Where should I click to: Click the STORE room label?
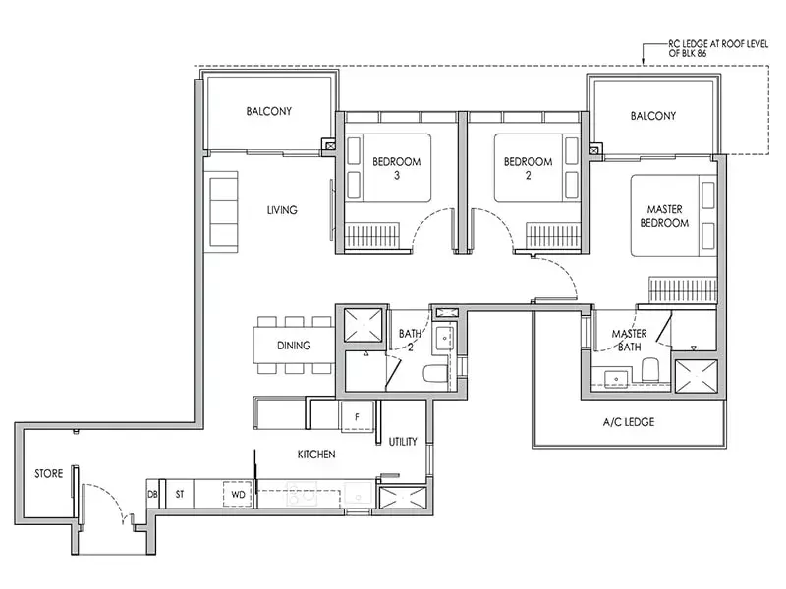click(x=48, y=473)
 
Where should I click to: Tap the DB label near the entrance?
click(x=152, y=494)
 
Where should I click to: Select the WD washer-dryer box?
click(x=238, y=495)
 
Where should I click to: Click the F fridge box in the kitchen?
click(x=357, y=416)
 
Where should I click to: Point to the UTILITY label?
click(x=403, y=441)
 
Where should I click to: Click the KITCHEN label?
click(x=316, y=455)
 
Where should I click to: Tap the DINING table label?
click(x=294, y=346)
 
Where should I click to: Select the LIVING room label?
click(x=282, y=210)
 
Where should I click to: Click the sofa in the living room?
click(x=224, y=209)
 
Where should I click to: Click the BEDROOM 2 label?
click(x=528, y=168)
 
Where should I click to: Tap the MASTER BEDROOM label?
click(x=664, y=216)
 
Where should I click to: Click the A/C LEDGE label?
click(x=629, y=422)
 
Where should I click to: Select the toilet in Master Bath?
click(x=650, y=369)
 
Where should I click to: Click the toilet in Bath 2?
click(x=434, y=374)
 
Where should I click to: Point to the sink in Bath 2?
click(x=444, y=338)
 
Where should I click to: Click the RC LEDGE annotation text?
click(x=718, y=48)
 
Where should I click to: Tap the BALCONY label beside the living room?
click(x=268, y=111)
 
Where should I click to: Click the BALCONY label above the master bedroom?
click(x=653, y=116)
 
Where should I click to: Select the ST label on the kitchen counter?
click(x=180, y=494)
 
